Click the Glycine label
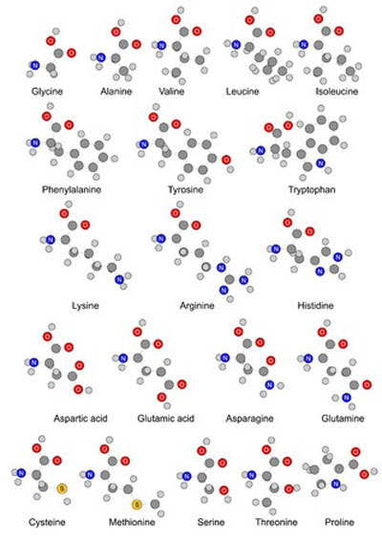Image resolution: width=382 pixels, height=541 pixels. pos(47,92)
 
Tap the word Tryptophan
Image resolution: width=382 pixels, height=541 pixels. pos(311,190)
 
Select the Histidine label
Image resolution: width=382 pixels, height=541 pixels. pos(315,306)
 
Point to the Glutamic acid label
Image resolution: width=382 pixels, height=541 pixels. pos(166,419)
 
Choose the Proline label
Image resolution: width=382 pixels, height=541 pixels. pos(339,522)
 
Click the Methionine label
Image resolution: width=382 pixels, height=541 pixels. pos(132,522)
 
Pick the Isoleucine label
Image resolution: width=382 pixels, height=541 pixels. pos(337,92)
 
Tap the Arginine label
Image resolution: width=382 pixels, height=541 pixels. pos(197,306)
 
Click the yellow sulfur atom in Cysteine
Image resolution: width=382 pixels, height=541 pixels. pos(62,488)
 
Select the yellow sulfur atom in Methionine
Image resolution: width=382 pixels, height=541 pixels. pos(137,505)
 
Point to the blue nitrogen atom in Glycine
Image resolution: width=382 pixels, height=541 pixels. pos(34,65)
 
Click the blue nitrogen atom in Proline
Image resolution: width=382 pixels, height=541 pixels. pos(335,484)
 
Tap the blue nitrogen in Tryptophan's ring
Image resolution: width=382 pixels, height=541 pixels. pos(321,162)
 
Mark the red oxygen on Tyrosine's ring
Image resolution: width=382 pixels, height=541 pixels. pos(226,160)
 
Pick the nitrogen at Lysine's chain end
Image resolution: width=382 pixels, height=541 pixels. pos(119,279)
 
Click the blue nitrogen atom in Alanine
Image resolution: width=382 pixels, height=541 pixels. pos(100,57)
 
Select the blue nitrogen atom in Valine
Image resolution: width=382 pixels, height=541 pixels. pos(161,45)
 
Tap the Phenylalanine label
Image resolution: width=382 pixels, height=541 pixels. pos(72,190)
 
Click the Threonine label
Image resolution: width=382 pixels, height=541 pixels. pos(276,522)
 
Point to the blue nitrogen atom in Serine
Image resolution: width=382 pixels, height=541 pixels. pos(186,476)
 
